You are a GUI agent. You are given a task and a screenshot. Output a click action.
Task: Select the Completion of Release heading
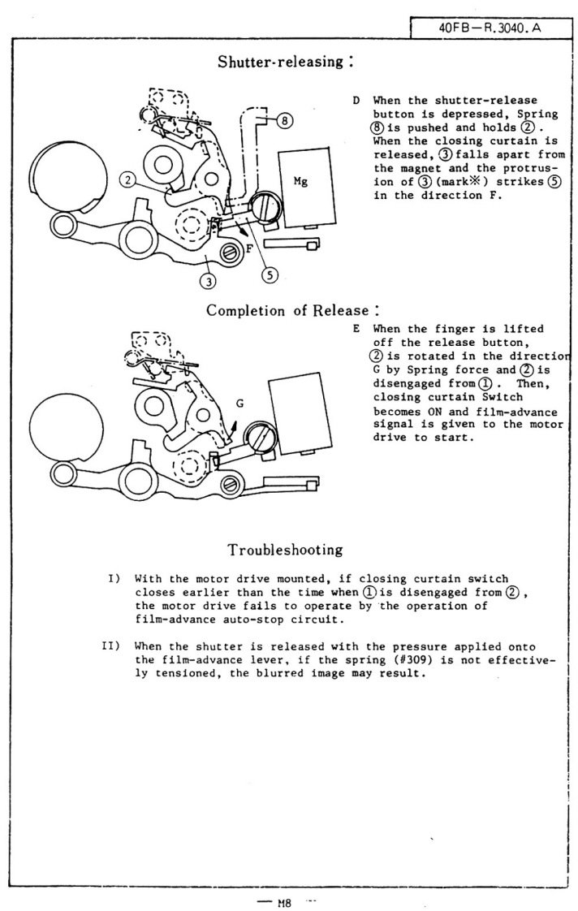tap(283, 312)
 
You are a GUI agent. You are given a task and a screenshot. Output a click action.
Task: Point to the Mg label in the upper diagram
tap(300, 183)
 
